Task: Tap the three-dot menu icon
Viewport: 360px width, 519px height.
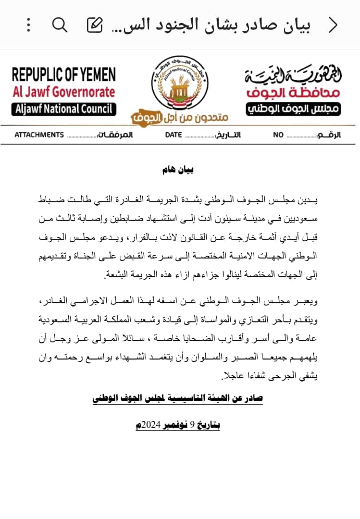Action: click(29, 25)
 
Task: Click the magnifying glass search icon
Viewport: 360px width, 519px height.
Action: click(60, 25)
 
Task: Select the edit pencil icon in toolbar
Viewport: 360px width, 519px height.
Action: click(94, 25)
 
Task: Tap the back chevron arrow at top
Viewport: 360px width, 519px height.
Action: click(333, 25)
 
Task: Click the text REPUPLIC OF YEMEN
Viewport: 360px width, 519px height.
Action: click(64, 75)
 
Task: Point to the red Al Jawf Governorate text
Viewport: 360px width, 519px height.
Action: click(64, 92)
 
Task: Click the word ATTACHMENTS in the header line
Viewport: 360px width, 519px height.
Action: click(39, 135)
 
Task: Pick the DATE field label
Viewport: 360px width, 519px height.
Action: click(174, 135)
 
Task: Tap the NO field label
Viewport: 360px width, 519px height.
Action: click(278, 135)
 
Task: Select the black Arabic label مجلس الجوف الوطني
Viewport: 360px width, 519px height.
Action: click(294, 109)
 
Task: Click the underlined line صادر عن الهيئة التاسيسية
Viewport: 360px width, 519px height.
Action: click(178, 399)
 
